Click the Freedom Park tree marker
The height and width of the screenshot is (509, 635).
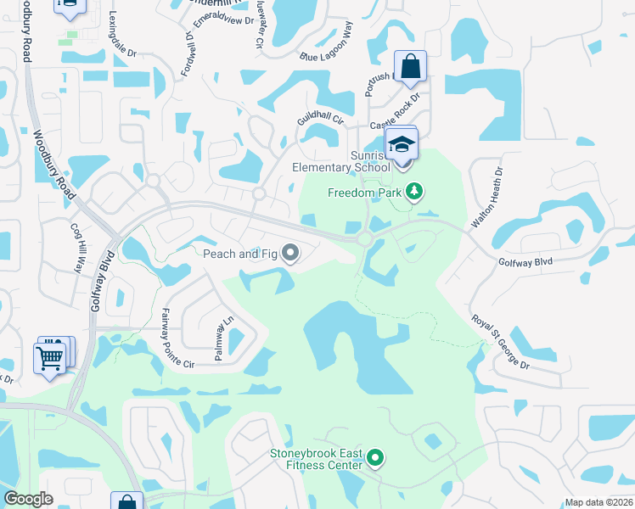click(x=414, y=192)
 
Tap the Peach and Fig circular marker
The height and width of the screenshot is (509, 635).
click(x=290, y=253)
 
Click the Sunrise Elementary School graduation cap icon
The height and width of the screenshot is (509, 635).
click(x=402, y=143)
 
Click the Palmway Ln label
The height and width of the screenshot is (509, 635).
click(x=223, y=339)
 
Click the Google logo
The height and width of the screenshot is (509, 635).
click(x=29, y=499)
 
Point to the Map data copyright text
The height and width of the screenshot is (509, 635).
click(x=599, y=502)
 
